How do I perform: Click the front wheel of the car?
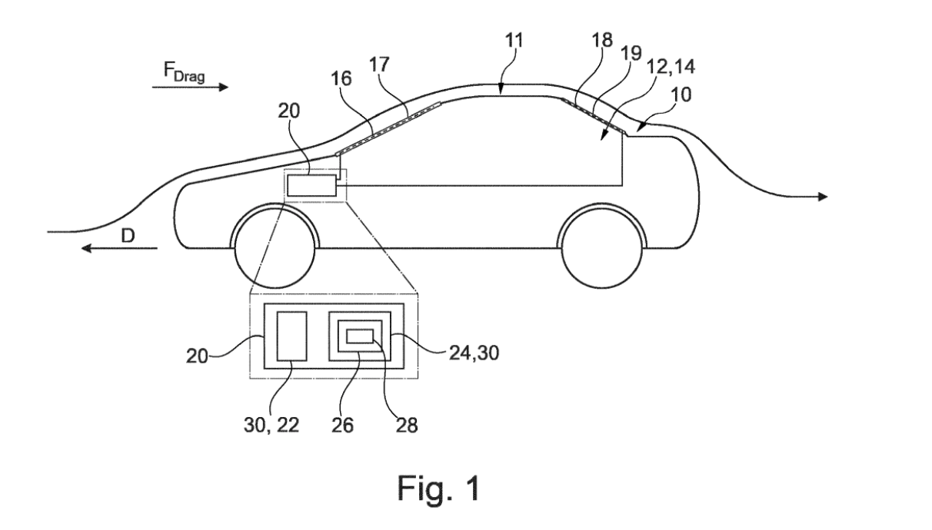(x=274, y=247)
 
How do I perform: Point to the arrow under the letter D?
(x=120, y=248)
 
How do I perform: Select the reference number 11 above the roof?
(x=513, y=42)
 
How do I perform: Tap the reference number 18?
(x=602, y=41)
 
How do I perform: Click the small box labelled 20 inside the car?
(x=311, y=185)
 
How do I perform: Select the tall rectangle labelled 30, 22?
(x=292, y=335)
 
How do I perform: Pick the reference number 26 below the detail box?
(x=343, y=424)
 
